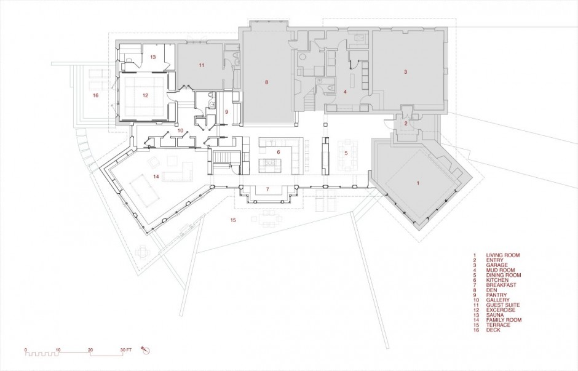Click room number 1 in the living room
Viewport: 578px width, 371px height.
418,183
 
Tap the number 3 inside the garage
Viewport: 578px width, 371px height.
405,72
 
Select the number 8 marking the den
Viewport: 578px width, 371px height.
266,82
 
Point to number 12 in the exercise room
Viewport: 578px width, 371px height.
145,95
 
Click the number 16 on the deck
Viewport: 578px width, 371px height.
96,95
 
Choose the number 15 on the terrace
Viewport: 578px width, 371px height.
232,220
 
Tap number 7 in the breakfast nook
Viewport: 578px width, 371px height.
267,189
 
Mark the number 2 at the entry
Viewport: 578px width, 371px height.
406,124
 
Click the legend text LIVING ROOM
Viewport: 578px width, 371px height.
503,255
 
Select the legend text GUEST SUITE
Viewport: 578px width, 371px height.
503,305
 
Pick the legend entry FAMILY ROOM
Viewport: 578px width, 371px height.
504,320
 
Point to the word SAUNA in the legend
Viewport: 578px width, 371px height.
495,315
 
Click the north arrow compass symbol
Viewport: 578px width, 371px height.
145,349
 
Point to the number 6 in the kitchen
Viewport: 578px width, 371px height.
279,152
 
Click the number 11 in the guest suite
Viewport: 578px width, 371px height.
201,65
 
